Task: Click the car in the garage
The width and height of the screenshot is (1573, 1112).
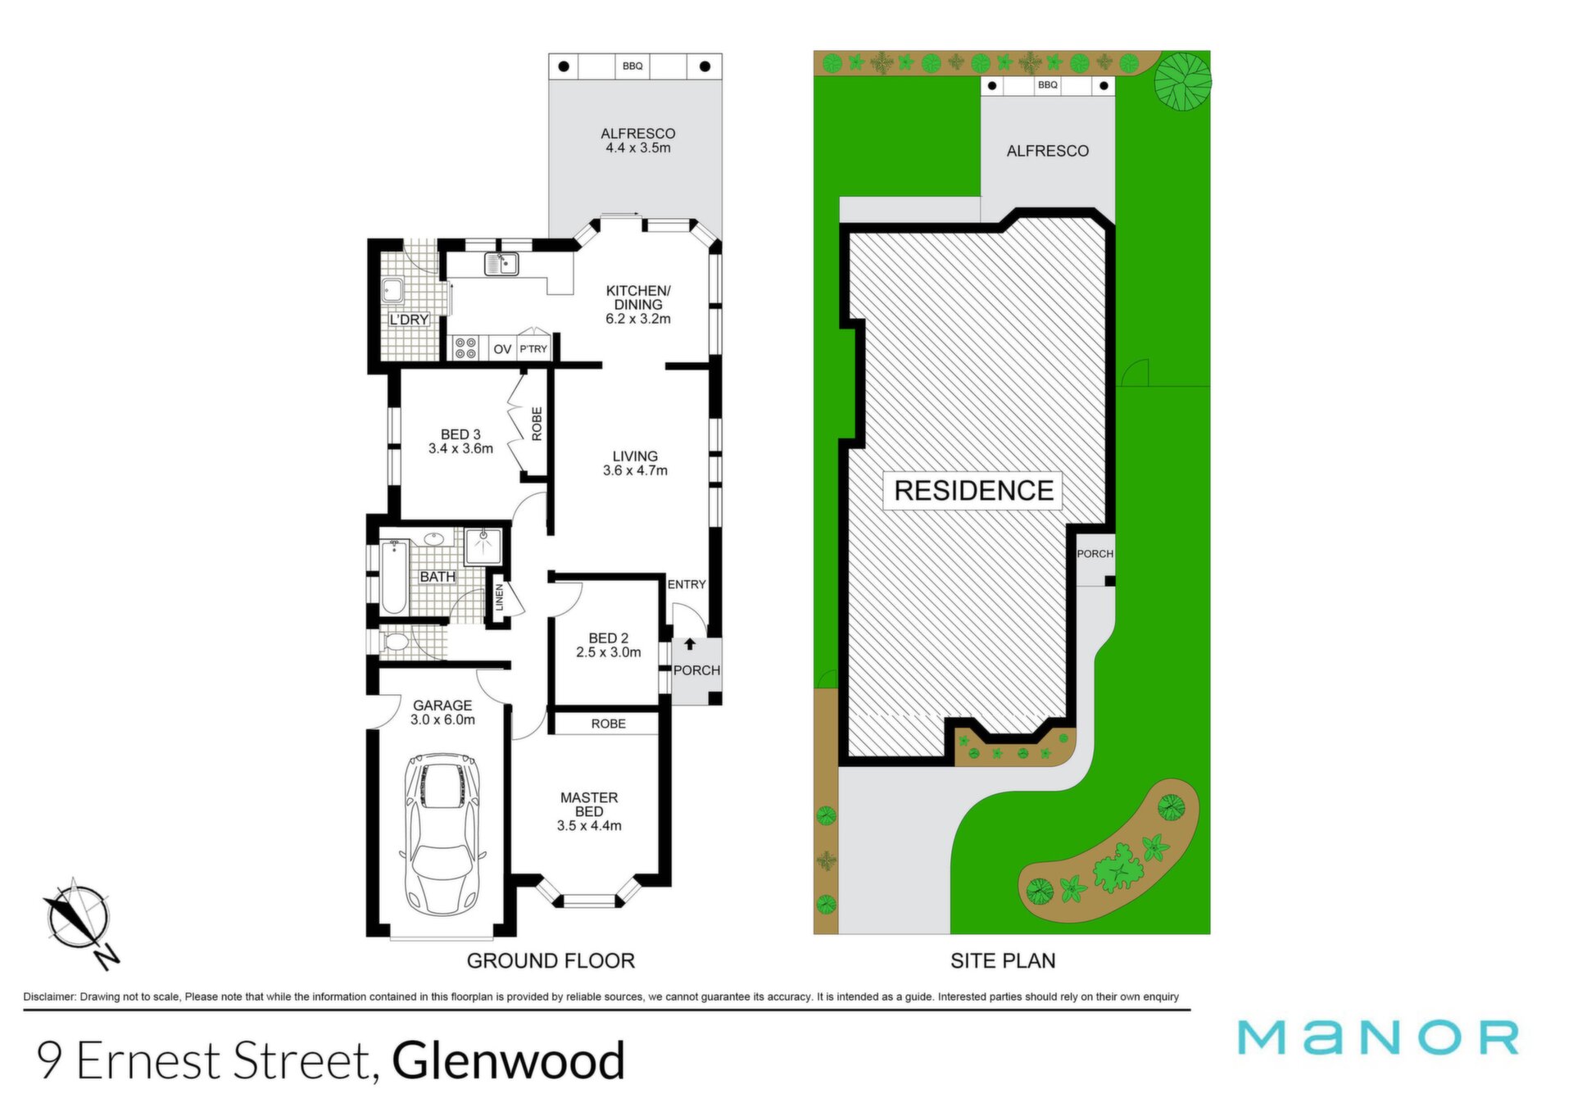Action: pyautogui.click(x=442, y=834)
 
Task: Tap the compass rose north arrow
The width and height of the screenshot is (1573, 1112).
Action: pyautogui.click(x=79, y=922)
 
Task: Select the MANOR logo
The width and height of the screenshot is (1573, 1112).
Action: pyautogui.click(x=1379, y=1037)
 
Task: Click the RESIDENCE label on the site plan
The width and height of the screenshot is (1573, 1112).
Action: pyautogui.click(x=973, y=490)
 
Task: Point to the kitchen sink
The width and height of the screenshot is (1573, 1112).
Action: pyautogui.click(x=501, y=264)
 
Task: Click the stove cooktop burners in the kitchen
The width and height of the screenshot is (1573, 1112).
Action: pyautogui.click(x=465, y=348)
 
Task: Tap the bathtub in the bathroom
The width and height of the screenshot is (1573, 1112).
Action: pyautogui.click(x=393, y=576)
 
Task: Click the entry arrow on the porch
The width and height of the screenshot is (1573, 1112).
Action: pyautogui.click(x=690, y=645)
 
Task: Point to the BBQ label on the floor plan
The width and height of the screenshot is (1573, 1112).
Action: pyautogui.click(x=632, y=66)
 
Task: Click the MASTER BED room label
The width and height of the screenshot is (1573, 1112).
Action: pyautogui.click(x=589, y=804)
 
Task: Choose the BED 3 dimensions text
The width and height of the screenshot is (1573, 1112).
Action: pyautogui.click(x=460, y=449)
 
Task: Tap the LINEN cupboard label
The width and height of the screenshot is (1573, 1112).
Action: pyautogui.click(x=499, y=597)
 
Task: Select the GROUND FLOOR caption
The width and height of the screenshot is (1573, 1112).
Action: pyautogui.click(x=551, y=960)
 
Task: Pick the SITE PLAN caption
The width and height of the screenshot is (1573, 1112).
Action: pyautogui.click(x=1003, y=960)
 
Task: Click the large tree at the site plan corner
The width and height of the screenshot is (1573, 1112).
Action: pyautogui.click(x=1182, y=81)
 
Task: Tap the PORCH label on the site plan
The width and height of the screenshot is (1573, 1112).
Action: pyautogui.click(x=1095, y=554)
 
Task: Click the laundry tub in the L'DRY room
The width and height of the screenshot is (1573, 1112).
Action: pyautogui.click(x=392, y=291)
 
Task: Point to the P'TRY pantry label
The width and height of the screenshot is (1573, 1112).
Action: pyautogui.click(x=533, y=349)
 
